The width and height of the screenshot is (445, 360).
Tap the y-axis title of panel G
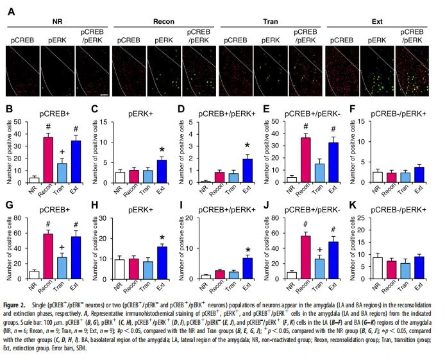pos(10,248)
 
